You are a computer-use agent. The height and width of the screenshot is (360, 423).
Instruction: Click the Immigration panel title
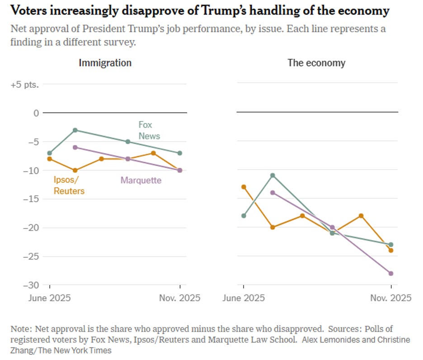105,63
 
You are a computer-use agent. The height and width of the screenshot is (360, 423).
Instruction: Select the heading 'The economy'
316,63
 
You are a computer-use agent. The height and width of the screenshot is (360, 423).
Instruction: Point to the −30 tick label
31,285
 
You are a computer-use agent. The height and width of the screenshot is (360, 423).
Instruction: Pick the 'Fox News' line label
149,130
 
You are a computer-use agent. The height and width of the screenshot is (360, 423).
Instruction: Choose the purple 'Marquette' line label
141,180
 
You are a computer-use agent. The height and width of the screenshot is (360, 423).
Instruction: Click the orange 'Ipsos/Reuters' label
69,185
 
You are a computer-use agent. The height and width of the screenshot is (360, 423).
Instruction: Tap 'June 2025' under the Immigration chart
50,298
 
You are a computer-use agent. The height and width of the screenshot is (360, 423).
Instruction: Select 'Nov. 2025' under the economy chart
391,298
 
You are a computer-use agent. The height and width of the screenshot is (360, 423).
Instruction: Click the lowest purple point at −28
391,273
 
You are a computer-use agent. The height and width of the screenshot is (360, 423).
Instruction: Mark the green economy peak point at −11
273,175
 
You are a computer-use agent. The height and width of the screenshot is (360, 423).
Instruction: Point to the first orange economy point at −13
244,187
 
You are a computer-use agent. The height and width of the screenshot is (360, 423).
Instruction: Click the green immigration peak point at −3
75,130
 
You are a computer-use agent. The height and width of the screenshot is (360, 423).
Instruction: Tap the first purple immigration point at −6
75,147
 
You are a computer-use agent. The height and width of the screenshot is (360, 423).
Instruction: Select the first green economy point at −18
244,216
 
